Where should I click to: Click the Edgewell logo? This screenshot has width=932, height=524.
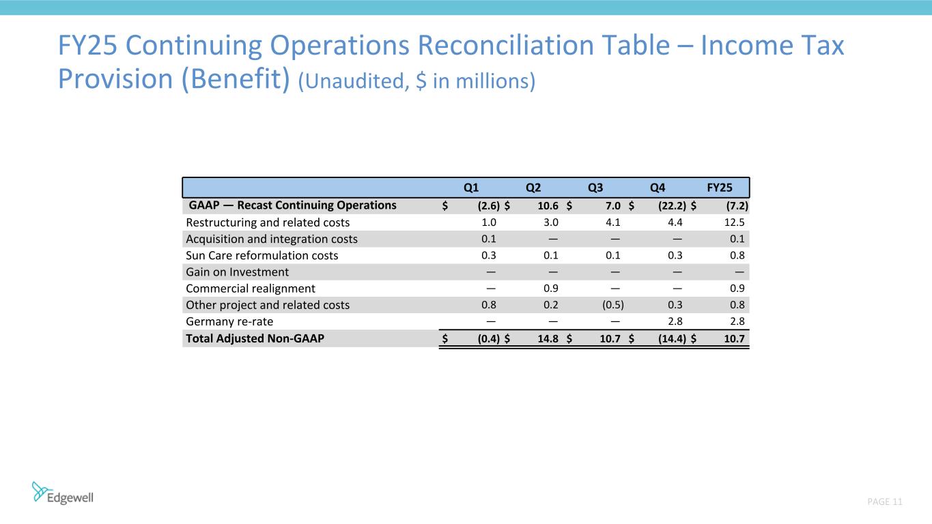[x=63, y=493]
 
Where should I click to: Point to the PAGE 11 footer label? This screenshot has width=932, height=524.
[x=885, y=502]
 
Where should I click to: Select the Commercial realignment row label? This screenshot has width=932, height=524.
[x=251, y=289]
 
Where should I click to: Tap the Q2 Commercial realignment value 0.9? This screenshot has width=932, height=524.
[x=551, y=289]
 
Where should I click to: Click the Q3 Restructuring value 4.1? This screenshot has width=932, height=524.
[x=612, y=222]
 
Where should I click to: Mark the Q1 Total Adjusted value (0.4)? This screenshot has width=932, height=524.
[x=485, y=338]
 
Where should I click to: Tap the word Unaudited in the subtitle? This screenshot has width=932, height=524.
[x=351, y=81]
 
